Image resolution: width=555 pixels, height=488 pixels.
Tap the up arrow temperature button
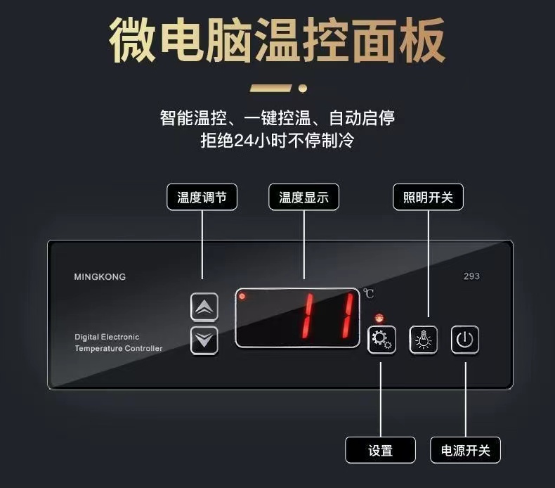click(x=204, y=307)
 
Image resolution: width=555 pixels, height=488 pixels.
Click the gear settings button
click(x=381, y=340)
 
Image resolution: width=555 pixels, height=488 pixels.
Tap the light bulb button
click(x=424, y=340)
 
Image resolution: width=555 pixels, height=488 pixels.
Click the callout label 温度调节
click(x=202, y=197)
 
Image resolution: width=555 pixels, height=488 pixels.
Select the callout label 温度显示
click(x=303, y=197)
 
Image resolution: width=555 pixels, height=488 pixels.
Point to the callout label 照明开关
click(x=428, y=197)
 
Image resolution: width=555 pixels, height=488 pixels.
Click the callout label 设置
click(x=381, y=450)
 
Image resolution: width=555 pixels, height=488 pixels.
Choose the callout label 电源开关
click(x=466, y=450)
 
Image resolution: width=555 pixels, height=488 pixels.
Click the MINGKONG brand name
click(x=100, y=277)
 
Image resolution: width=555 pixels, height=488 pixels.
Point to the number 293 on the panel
click(x=471, y=276)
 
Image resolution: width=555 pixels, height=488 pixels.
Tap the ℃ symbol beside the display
click(x=368, y=293)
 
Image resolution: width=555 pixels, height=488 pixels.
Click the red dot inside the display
click(x=242, y=296)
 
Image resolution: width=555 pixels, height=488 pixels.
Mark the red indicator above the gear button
click(x=379, y=318)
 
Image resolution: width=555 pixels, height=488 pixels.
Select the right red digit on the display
click(x=348, y=316)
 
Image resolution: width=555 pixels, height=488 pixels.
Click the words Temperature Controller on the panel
click(x=119, y=348)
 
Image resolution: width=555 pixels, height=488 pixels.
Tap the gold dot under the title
click(x=303, y=88)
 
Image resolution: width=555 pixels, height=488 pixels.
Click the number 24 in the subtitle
click(x=244, y=141)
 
